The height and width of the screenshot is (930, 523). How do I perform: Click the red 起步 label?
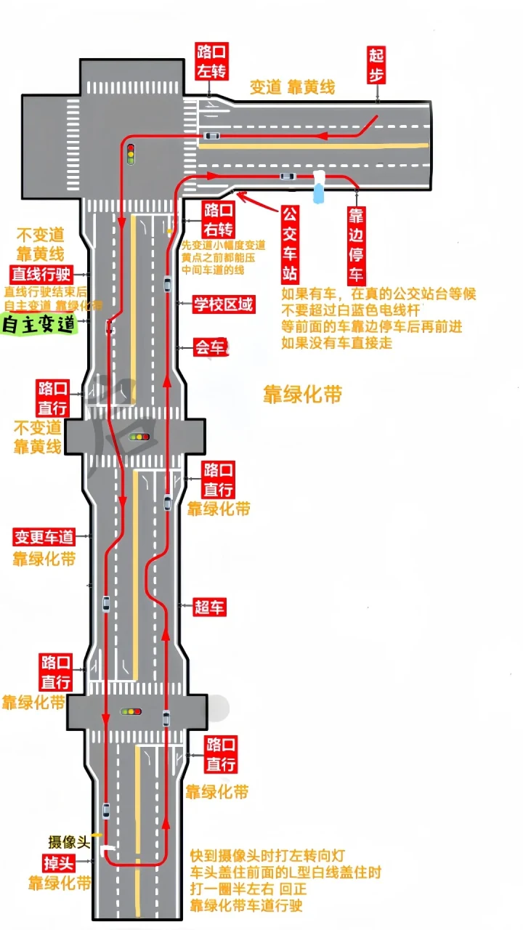376,65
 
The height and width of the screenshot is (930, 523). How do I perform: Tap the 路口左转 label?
211,61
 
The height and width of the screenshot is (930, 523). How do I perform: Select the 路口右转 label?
218,220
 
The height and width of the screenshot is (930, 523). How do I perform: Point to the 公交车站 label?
290,244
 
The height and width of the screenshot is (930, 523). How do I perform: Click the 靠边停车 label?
356,245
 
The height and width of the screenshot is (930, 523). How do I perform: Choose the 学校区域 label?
224,304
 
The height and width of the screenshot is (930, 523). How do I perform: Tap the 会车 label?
210,347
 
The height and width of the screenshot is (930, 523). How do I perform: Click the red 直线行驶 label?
41,275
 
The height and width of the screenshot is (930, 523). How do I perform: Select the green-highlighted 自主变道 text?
39,324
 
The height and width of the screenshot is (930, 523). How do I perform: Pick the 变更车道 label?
44,538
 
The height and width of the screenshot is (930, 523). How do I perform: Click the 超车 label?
209,607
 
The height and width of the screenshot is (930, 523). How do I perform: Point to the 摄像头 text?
68,842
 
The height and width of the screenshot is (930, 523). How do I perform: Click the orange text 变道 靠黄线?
292,87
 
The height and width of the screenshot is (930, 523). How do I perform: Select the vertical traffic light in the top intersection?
131,153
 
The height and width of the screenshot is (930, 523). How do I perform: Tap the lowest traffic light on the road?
131,711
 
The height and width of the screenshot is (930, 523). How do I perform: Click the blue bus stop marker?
319,187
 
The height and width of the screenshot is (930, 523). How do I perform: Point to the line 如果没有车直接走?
336,343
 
